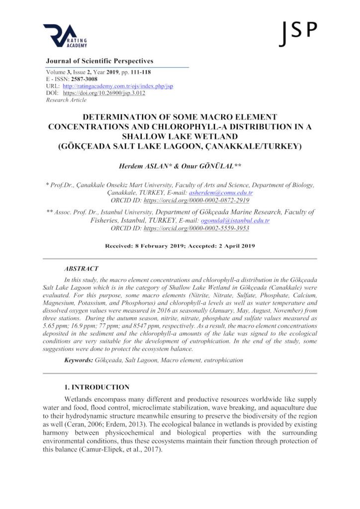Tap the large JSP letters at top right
298,32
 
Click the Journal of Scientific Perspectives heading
99,61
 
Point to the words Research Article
66,100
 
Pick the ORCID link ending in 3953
196,228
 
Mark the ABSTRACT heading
81,268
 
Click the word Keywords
79,359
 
